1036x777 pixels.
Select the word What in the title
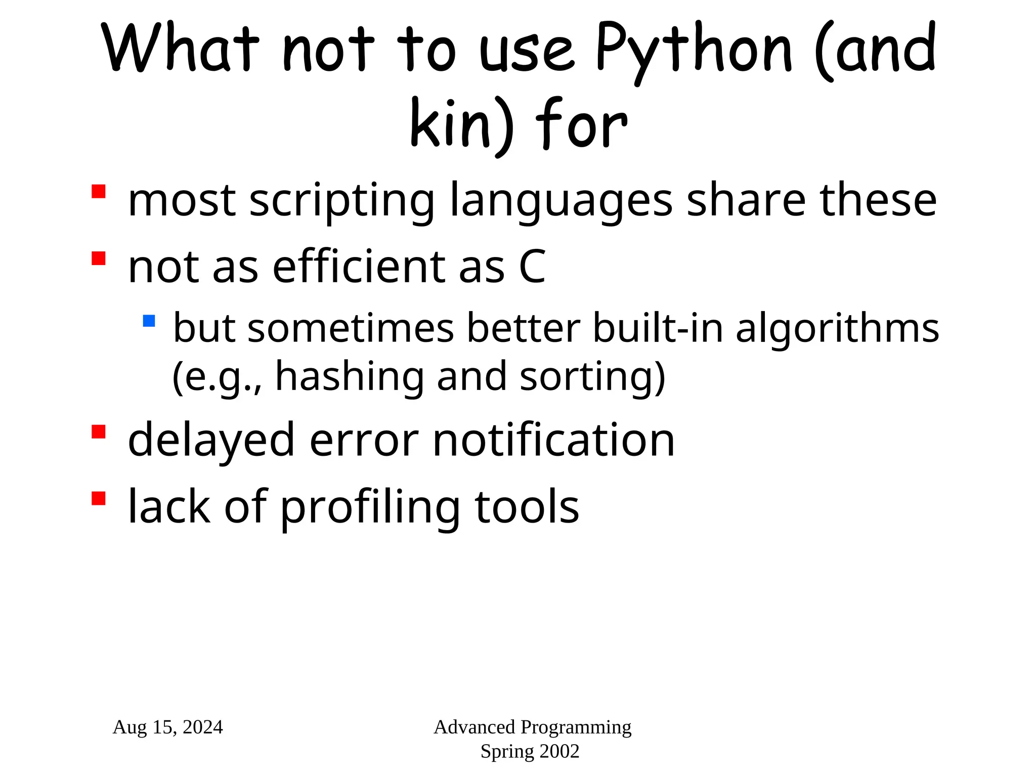(x=180, y=48)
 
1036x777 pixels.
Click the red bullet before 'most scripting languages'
(x=99, y=192)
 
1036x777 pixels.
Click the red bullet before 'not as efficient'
(x=99, y=258)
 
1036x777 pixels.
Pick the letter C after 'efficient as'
(x=532, y=267)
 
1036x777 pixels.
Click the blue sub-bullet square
(x=149, y=321)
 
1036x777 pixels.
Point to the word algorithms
(x=837, y=328)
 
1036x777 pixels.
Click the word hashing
(x=350, y=377)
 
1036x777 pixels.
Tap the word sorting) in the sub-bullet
(x=592, y=377)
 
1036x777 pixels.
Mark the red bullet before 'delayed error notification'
(x=99, y=431)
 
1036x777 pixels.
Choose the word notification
(x=554, y=440)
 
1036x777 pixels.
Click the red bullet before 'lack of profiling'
(x=99, y=498)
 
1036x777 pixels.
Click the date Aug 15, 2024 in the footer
(x=168, y=727)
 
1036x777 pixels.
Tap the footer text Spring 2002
(x=530, y=751)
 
